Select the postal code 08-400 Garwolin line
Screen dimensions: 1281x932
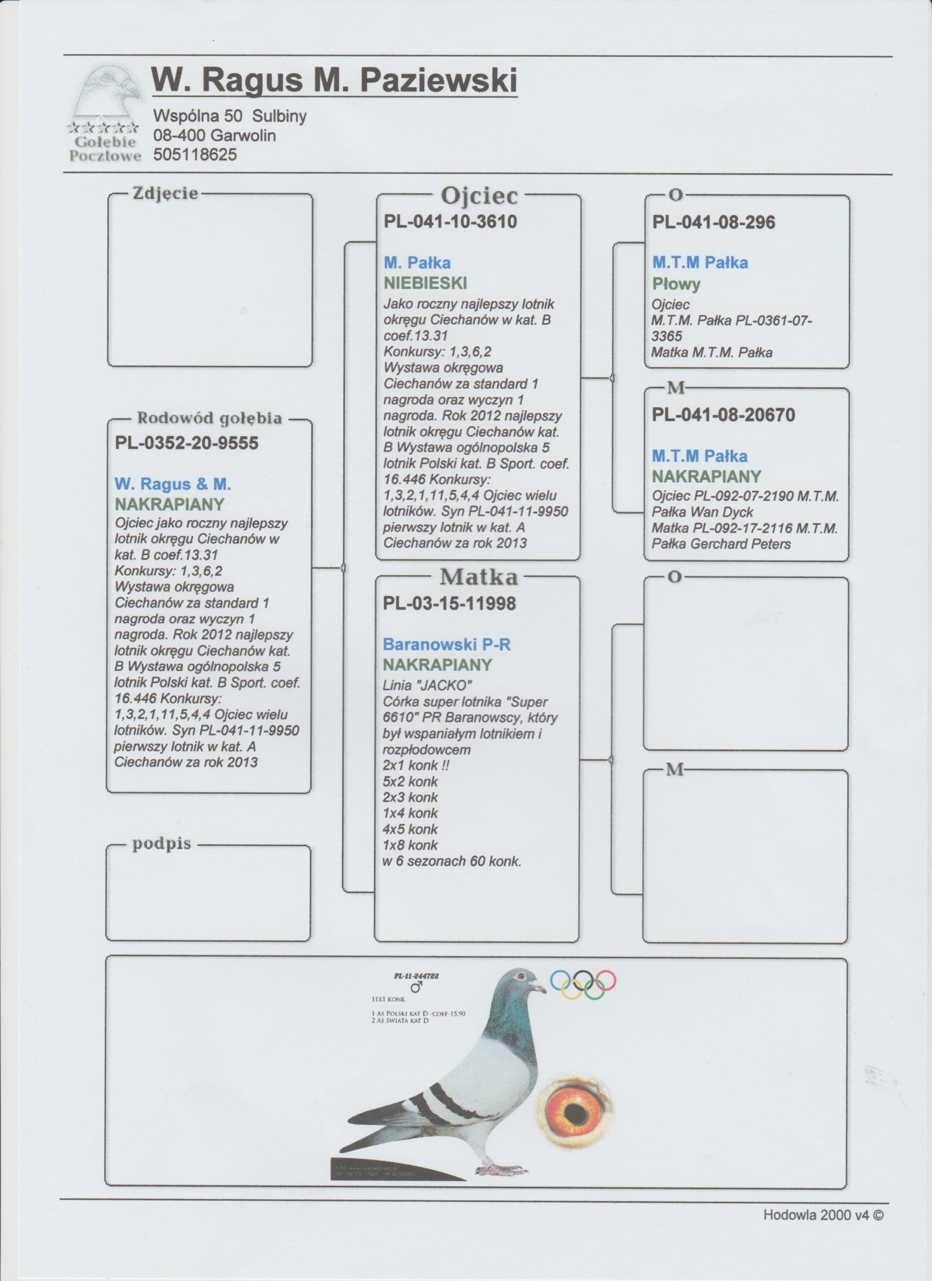click(214, 136)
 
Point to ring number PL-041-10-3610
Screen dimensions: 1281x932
click(450, 222)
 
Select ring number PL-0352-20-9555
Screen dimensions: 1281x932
click(186, 443)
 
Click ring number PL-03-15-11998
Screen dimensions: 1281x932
click(450, 604)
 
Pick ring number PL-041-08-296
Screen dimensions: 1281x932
click(713, 222)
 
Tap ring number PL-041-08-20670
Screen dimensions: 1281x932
click(724, 415)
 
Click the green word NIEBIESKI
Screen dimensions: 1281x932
click(425, 282)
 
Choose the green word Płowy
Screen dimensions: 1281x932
click(676, 283)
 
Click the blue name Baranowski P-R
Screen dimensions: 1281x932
click(446, 644)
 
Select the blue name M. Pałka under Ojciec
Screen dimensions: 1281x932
click(417, 262)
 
